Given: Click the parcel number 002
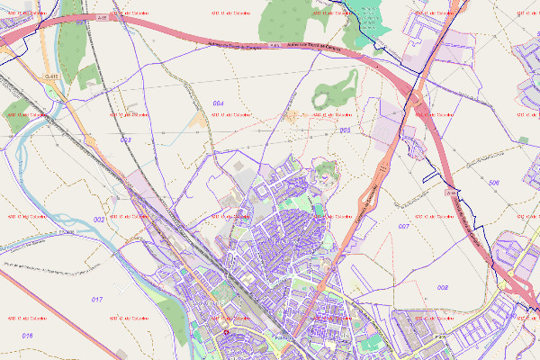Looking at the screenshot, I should pyautogui.click(x=99, y=220).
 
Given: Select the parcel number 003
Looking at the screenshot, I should pyautogui.click(x=125, y=140).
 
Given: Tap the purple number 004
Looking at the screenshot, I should pyautogui.click(x=218, y=104).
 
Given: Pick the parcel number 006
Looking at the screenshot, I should pyautogui.click(x=493, y=183).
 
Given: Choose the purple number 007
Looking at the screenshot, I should pyautogui.click(x=404, y=227).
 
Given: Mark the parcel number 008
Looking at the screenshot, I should pyautogui.click(x=443, y=287).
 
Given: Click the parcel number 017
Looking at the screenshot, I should pyautogui.click(x=97, y=298).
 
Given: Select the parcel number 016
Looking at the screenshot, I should pyautogui.click(x=27, y=336).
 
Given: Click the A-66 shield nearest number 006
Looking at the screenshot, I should pyautogui.click(x=451, y=192).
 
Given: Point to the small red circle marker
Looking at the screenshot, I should pyautogui.click(x=226, y=331).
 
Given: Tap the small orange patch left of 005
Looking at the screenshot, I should pyautogui.click(x=293, y=114).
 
